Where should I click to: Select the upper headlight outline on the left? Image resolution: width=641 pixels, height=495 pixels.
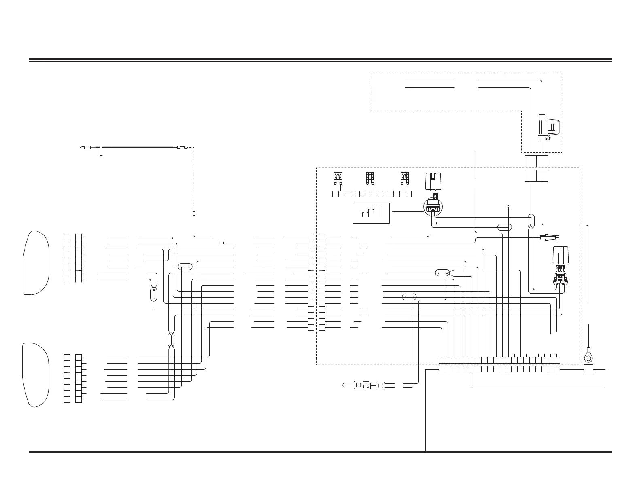pos(36,262)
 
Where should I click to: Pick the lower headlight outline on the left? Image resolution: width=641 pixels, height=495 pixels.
pos(36,374)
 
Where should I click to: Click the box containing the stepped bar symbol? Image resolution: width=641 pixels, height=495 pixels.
pos(371,213)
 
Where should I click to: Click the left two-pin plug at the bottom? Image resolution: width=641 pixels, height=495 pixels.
pos(359,385)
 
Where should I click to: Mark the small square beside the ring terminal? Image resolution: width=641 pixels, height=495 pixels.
pos(588,369)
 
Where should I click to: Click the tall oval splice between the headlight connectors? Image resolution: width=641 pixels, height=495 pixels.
pos(171,340)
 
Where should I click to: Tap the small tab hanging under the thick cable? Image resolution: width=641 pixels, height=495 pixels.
pos(101,152)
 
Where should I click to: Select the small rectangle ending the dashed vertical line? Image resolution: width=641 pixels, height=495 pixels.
pos(194,213)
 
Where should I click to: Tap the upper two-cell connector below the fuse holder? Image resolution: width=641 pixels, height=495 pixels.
pos(536,161)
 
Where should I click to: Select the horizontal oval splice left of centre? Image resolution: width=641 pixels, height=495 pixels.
pos(185,267)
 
